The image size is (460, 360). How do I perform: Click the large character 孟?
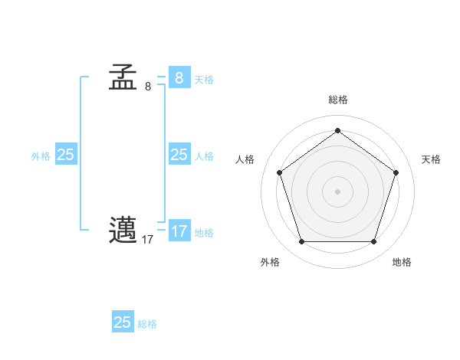click(x=123, y=77)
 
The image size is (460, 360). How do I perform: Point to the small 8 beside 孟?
click(x=148, y=87)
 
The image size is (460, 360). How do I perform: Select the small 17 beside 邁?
click(x=147, y=240)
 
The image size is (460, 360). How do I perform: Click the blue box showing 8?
click(x=179, y=77)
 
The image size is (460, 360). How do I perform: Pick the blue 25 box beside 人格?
click(x=179, y=155)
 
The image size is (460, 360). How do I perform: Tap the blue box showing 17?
click(x=179, y=231)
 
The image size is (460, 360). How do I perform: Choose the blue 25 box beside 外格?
click(x=65, y=155)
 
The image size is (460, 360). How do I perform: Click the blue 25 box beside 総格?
click(x=123, y=322)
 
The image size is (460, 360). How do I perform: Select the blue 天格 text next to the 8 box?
click(x=204, y=80)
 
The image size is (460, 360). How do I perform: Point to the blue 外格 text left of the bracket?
click(x=41, y=156)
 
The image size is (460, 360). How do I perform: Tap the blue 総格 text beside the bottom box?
click(x=147, y=325)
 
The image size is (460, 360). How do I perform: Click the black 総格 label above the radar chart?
click(x=337, y=100)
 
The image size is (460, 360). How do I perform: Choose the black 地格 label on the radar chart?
click(x=402, y=263)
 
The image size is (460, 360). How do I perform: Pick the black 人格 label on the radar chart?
click(x=245, y=159)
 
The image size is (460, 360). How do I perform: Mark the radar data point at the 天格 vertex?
click(x=396, y=172)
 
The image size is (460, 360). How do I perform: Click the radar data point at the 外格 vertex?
click(x=301, y=242)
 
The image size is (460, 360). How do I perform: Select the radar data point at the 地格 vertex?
click(x=373, y=242)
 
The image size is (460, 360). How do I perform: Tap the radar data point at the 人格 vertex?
click(x=279, y=172)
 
